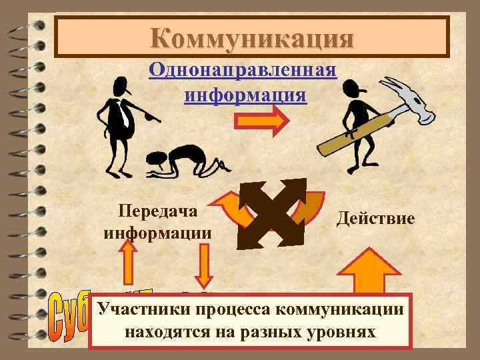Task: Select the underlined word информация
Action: coord(245,94)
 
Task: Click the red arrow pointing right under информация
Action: coord(261,121)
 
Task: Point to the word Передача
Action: coord(159,211)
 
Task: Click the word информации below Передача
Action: coord(159,233)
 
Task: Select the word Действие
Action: coord(376,218)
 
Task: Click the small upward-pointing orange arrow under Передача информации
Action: coord(128,261)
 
